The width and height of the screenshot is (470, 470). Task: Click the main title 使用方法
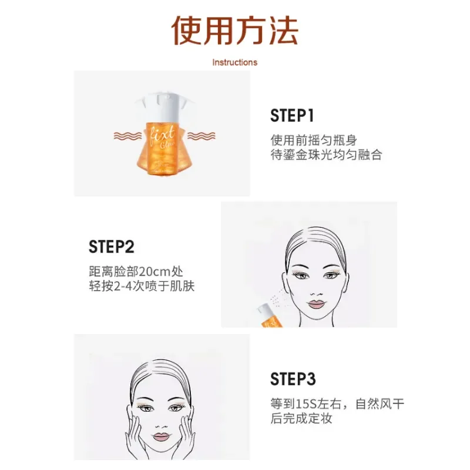235,31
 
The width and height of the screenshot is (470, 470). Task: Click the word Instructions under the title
234,62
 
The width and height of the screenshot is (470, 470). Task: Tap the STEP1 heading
293,115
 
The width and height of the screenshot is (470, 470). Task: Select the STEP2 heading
112,246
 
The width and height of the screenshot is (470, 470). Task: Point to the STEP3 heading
293,379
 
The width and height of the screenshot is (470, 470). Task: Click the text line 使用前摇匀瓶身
314,140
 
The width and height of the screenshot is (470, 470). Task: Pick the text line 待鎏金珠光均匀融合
326,155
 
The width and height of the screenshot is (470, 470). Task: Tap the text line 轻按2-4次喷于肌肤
140,287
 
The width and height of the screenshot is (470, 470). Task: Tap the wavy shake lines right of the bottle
200,136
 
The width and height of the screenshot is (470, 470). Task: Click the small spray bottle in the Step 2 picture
270,316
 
